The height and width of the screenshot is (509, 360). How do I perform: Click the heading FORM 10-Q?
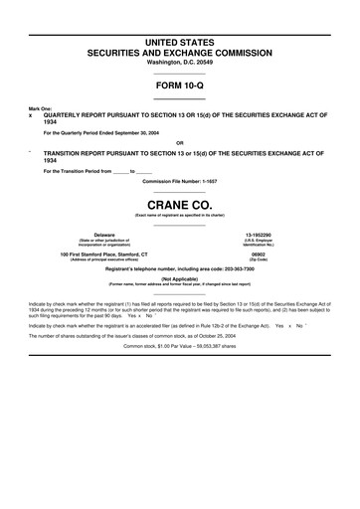coord(179,85)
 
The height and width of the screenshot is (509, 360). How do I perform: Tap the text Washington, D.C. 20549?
coord(179,62)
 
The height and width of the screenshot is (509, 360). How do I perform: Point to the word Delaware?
coord(104,235)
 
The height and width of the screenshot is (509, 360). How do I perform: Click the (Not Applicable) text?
coord(180,280)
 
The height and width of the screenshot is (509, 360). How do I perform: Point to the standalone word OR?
coord(179,142)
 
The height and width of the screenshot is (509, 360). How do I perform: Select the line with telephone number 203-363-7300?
coord(179,268)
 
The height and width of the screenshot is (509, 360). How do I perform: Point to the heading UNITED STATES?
coord(179,40)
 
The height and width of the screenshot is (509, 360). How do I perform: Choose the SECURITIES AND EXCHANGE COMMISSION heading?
coord(179,51)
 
